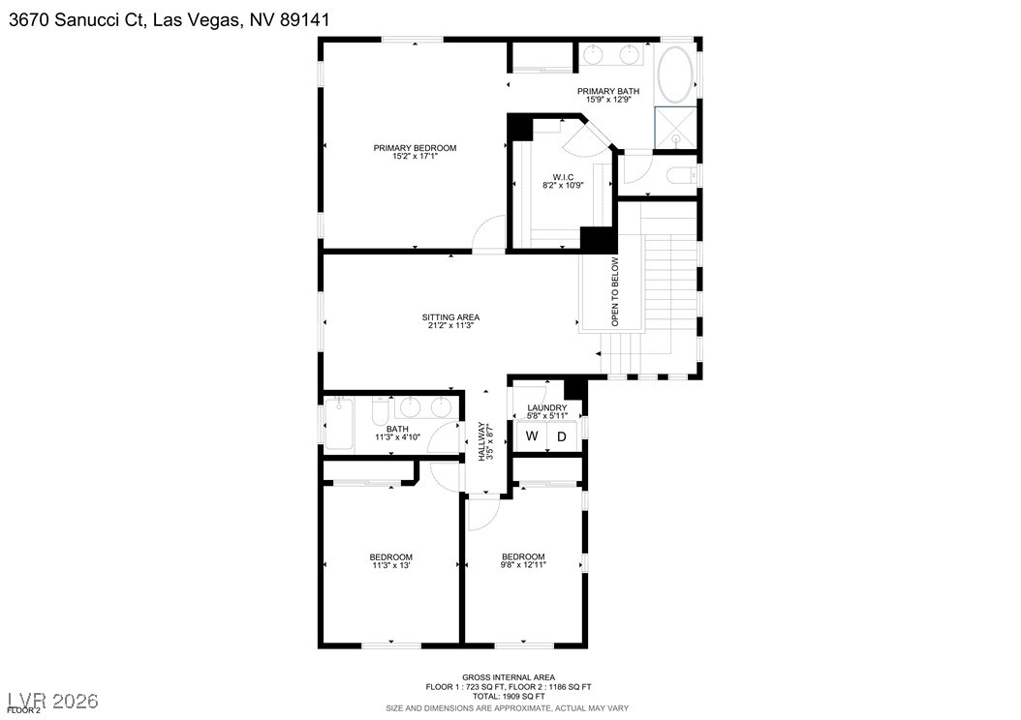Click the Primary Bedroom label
coord(415,148)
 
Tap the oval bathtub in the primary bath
coord(675,75)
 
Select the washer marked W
coord(531,436)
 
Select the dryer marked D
coord(561,436)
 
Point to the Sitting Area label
coord(450,317)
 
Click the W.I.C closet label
coord(563,177)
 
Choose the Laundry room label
coord(547,407)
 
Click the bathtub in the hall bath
coord(340,427)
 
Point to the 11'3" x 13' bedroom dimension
coord(390,566)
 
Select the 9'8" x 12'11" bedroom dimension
coord(523,565)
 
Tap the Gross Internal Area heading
coord(509,676)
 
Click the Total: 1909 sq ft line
coord(509,696)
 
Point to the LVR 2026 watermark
coord(52,699)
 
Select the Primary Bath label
coord(608,91)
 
